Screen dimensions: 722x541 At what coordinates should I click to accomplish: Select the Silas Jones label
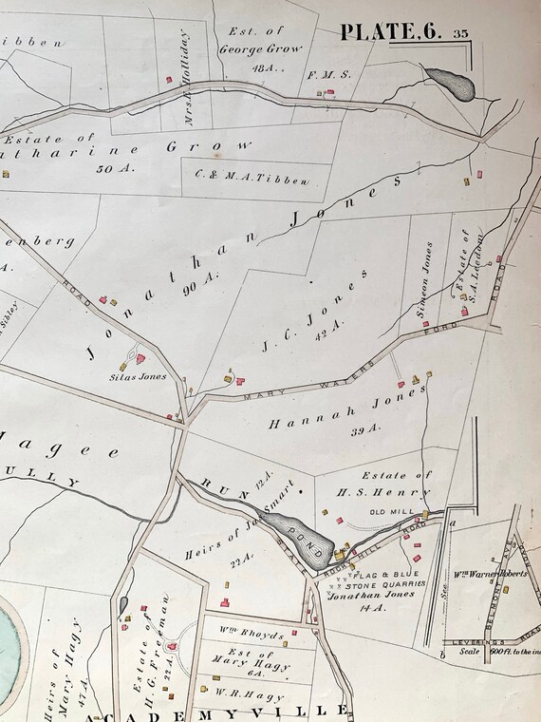point(145,375)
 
